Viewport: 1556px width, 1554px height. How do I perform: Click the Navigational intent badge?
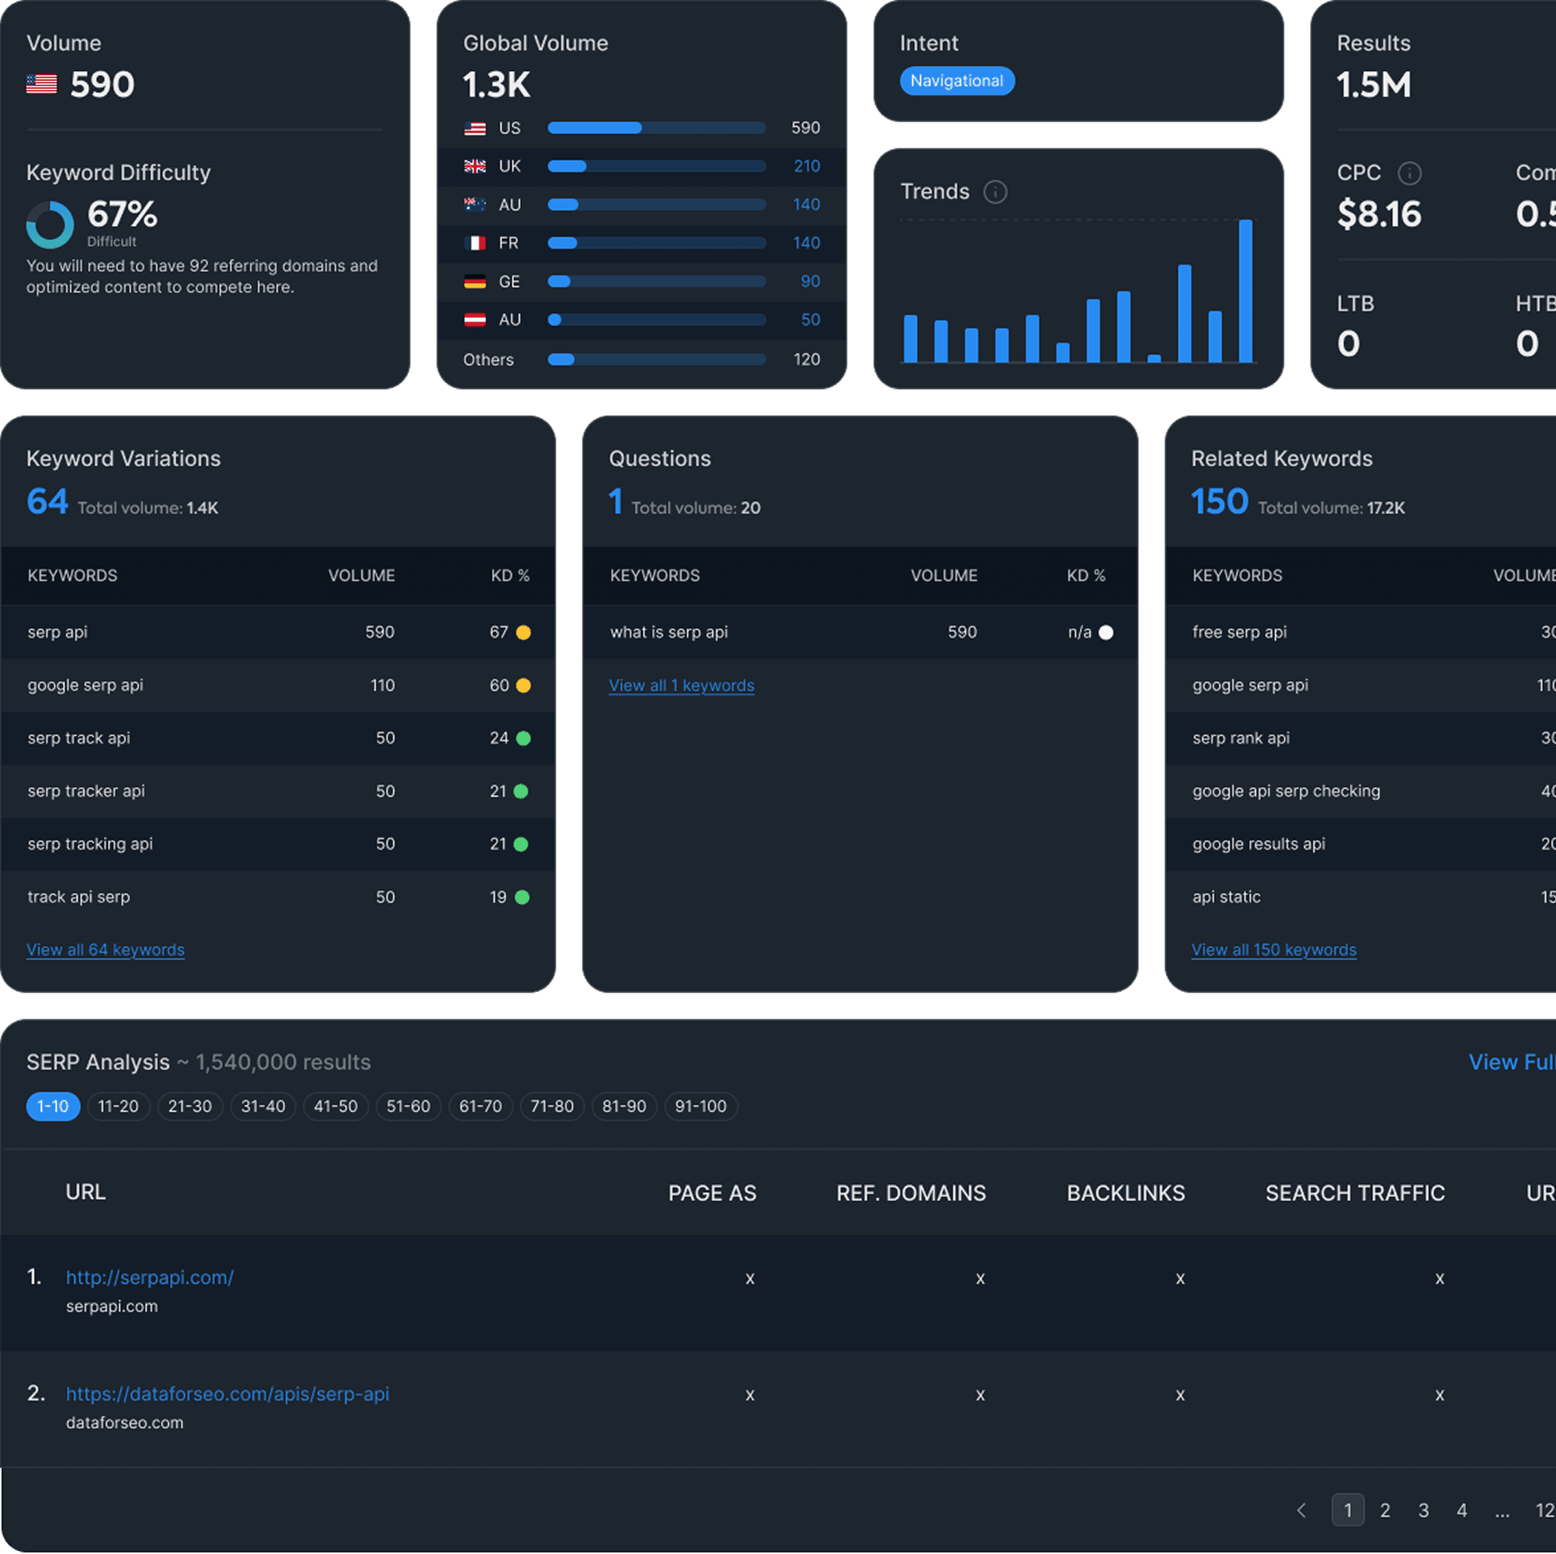[x=956, y=81]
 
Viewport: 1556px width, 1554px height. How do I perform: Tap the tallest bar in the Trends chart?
[x=1245, y=290]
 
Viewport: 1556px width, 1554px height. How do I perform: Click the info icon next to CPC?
[x=1409, y=173]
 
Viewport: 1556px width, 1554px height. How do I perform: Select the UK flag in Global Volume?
[x=475, y=166]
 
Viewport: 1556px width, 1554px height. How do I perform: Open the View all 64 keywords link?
[x=105, y=949]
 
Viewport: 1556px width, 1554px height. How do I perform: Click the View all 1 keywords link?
[x=682, y=686]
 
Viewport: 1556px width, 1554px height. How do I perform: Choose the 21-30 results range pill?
[x=190, y=1106]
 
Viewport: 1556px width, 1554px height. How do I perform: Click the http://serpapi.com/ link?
[x=150, y=1277]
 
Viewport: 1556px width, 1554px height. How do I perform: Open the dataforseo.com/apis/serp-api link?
[x=227, y=1393]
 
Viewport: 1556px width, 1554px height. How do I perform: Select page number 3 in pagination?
[x=1423, y=1510]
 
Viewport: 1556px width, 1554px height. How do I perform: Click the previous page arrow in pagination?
[x=1301, y=1510]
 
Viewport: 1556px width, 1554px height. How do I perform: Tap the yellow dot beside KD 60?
[x=523, y=686]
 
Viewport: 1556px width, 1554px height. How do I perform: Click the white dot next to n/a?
[x=1106, y=633]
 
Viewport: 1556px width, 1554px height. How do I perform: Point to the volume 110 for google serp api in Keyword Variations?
[x=382, y=686]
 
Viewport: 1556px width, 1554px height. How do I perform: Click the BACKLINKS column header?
[x=1126, y=1193]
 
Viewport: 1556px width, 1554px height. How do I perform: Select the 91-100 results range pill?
[x=701, y=1106]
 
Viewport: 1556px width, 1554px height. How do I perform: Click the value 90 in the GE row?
[x=810, y=282]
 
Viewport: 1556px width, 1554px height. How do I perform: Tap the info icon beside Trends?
[x=996, y=192]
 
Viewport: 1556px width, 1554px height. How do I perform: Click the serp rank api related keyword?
[x=1240, y=738]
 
